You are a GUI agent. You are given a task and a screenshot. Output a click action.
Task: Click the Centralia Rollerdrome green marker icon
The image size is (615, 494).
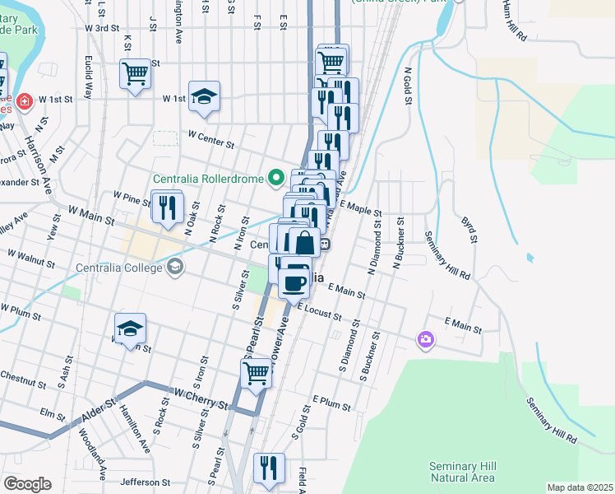[x=276, y=178]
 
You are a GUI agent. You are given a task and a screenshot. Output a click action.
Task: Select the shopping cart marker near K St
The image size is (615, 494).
[x=134, y=73]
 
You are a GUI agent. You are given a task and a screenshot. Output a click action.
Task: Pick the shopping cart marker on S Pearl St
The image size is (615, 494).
[x=256, y=373]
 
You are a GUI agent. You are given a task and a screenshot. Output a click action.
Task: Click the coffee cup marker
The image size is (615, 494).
[x=294, y=282]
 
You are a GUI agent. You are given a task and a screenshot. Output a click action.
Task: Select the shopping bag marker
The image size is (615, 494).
[x=304, y=243]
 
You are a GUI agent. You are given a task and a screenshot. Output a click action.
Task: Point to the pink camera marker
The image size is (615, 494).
[x=426, y=339]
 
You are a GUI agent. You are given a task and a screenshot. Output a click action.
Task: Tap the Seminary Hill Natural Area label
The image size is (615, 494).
[x=463, y=472]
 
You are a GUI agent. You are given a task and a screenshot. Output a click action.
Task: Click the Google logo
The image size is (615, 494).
[x=27, y=484]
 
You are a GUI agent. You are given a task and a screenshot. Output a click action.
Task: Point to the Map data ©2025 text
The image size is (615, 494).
[x=580, y=487]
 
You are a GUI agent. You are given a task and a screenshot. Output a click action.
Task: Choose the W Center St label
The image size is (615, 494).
[x=211, y=137]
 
